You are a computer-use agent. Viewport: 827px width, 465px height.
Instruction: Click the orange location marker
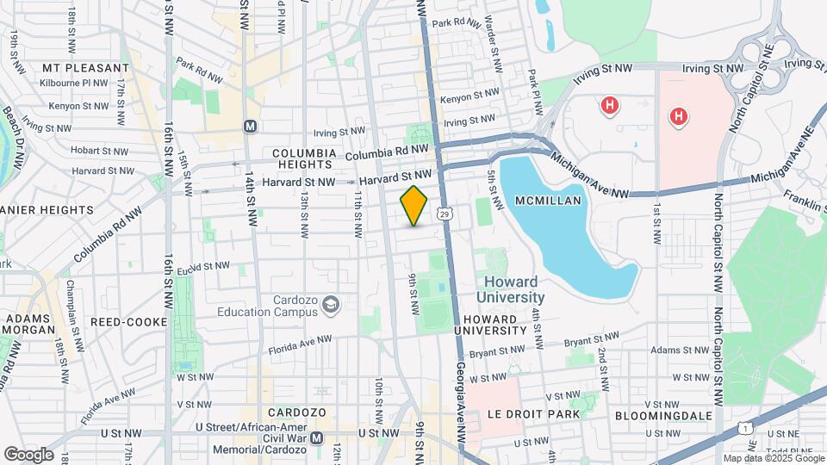(x=414, y=206)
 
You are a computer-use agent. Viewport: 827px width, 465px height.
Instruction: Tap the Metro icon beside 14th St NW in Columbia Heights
(x=251, y=127)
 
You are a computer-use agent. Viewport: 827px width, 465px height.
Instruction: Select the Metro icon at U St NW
(x=316, y=437)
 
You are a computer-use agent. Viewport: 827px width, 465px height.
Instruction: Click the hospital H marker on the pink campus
(x=678, y=115)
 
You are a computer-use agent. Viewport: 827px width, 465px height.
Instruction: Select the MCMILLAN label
(x=550, y=200)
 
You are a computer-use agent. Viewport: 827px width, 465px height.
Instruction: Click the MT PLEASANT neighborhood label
(x=79, y=67)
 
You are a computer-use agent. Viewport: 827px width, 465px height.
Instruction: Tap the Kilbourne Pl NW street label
(x=74, y=84)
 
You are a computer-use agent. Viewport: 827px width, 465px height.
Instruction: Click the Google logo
(x=28, y=454)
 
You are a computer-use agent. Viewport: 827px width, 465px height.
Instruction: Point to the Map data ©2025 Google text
(x=773, y=458)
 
